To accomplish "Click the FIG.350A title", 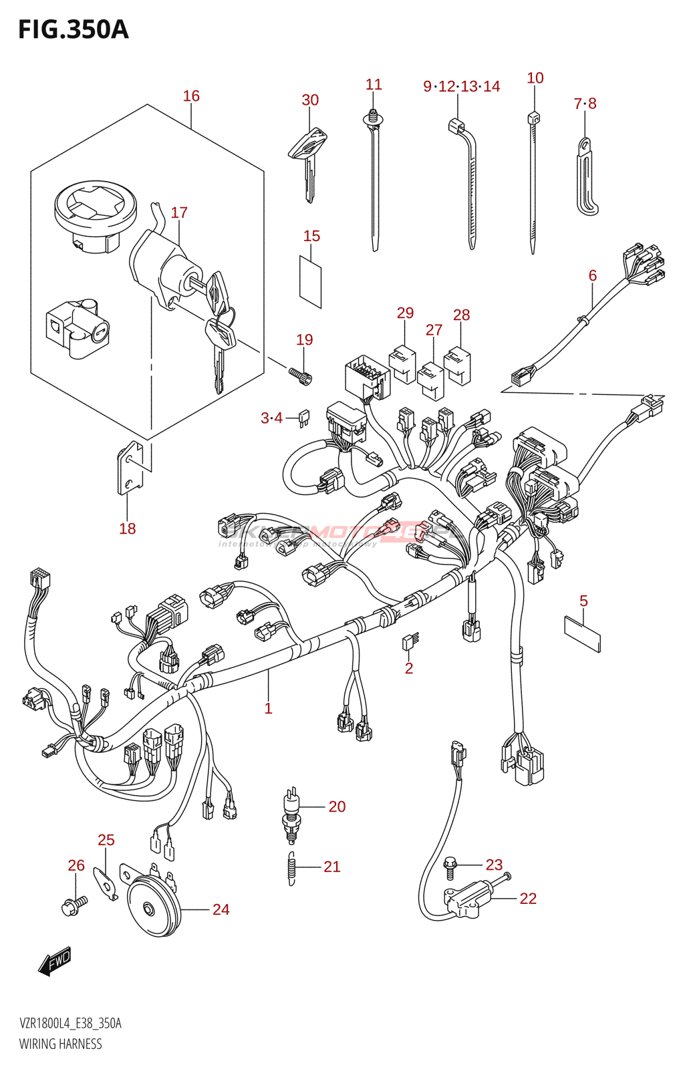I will pyautogui.click(x=73, y=30).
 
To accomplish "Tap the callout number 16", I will pyautogui.click(x=191, y=96).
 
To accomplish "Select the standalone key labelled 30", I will pyautogui.click(x=307, y=157).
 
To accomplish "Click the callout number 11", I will pyautogui.click(x=374, y=85).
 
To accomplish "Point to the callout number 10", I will pyautogui.click(x=535, y=78).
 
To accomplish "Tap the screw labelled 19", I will pyautogui.click(x=300, y=375).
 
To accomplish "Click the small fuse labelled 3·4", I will pyautogui.click(x=304, y=418).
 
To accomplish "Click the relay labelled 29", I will pyautogui.click(x=402, y=363).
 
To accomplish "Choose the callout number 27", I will pyautogui.click(x=434, y=330).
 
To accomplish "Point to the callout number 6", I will pyautogui.click(x=593, y=275).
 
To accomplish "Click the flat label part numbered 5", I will pyautogui.click(x=583, y=633).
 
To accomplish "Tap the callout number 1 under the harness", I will pyautogui.click(x=268, y=708).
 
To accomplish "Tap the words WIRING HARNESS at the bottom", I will pyautogui.click(x=61, y=1044).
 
